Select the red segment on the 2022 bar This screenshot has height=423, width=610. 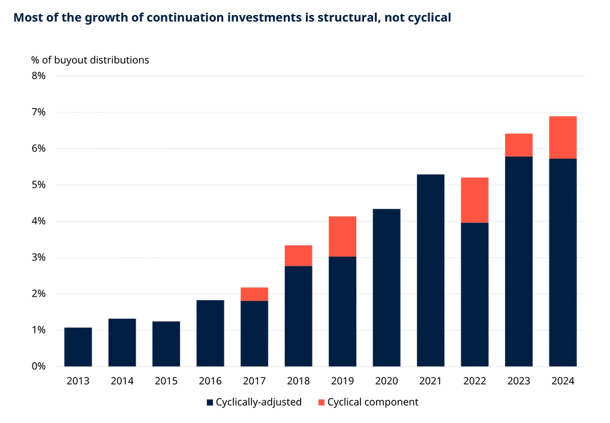pos(474,200)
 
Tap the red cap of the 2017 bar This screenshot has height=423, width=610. pos(254,294)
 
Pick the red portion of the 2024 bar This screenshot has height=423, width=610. pos(563,137)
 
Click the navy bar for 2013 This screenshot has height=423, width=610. pos(78,347)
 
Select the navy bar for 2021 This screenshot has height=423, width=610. pos(431,270)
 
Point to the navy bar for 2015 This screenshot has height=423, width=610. pos(166,344)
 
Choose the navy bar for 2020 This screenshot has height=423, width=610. pos(386,287)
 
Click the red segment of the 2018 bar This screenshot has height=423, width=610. pos(298,256)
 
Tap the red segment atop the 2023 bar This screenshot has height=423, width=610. pos(519,145)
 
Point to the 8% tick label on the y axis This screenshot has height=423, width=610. pos(38,76)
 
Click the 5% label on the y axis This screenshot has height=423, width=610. pos(38,185)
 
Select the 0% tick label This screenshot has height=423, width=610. pos(38,366)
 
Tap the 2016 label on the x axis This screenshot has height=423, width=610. pos(210,382)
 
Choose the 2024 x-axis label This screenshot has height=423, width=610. pos(563,382)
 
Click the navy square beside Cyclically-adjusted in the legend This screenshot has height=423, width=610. pos(210,403)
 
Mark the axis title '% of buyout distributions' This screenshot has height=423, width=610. pos(90,60)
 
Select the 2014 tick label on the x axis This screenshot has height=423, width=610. pos(122,382)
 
